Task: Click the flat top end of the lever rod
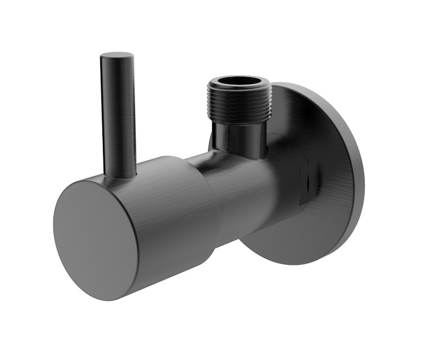pos(117,56)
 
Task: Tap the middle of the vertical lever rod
pos(119,112)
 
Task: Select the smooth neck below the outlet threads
pos(239,135)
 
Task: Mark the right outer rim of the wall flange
pos(360,174)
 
